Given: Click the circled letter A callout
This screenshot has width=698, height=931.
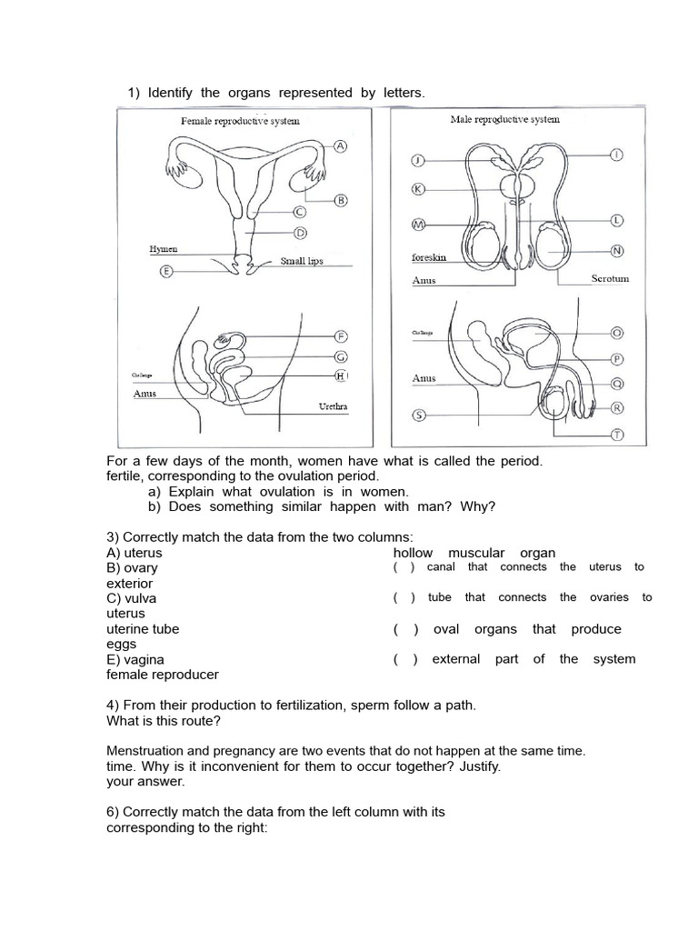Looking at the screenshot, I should (341, 146).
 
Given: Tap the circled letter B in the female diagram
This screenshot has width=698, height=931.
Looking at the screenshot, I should (341, 201).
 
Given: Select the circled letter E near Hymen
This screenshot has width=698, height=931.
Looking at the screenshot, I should (165, 271).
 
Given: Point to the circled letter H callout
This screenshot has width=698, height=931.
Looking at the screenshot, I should (341, 375).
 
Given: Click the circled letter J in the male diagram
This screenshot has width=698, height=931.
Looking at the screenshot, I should (419, 161).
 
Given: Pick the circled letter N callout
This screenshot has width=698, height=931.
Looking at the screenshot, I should (617, 251).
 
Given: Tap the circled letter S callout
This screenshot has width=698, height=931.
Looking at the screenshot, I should (419, 415).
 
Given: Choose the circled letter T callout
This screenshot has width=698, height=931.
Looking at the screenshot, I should (617, 435).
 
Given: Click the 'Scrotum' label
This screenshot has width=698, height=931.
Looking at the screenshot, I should (610, 279).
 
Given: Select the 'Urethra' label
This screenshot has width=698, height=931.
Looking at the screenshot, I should (333, 405).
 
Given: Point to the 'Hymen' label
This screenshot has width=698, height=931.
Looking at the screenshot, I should (164, 248).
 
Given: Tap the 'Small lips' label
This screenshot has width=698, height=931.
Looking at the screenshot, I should (302, 261).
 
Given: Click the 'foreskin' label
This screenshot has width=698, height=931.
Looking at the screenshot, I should (429, 258).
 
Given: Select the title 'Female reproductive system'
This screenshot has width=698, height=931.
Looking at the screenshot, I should (240, 120).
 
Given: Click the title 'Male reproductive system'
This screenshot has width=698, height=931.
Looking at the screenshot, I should (504, 119).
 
